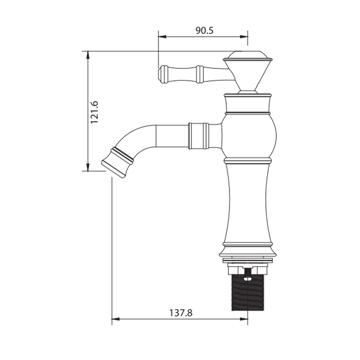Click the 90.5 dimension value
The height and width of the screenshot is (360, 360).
tap(204, 30)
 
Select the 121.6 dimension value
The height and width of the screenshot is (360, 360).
tap(94, 112)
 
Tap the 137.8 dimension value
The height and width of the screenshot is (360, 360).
tap(181, 313)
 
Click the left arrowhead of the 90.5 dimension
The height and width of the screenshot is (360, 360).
tap(162, 36)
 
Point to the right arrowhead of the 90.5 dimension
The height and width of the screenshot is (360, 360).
tap(244, 36)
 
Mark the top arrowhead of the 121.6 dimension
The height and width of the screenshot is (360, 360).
tap(87, 55)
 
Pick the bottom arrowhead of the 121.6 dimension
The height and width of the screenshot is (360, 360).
tap(87, 167)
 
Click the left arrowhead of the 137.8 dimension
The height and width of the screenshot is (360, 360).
tap(116, 319)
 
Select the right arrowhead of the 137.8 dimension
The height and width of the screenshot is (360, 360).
tap(244, 319)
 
